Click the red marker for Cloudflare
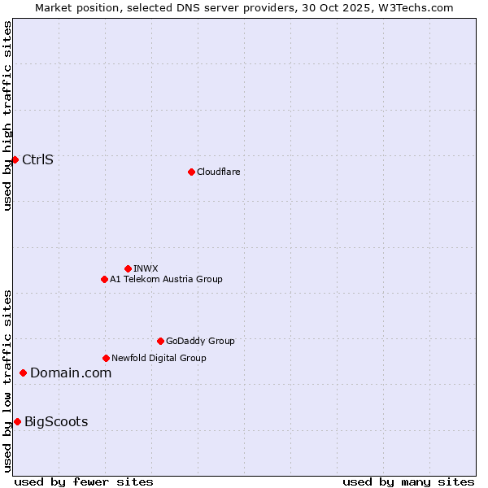(x=191, y=172)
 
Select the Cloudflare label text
(x=218, y=172)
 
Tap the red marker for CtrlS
(x=15, y=159)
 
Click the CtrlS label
(x=37, y=159)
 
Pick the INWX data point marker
(x=128, y=268)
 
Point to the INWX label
(x=146, y=268)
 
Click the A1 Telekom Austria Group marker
(x=104, y=279)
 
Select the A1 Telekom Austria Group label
(x=166, y=279)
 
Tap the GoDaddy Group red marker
(x=160, y=341)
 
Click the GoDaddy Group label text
(x=200, y=341)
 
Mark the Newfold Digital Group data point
(x=106, y=358)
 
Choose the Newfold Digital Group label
(x=159, y=358)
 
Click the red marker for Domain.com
(x=23, y=373)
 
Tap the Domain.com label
(x=71, y=373)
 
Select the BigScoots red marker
(x=17, y=421)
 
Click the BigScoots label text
(x=56, y=421)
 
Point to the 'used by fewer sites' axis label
(x=84, y=481)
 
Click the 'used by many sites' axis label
(x=408, y=481)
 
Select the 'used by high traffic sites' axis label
(x=7, y=115)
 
